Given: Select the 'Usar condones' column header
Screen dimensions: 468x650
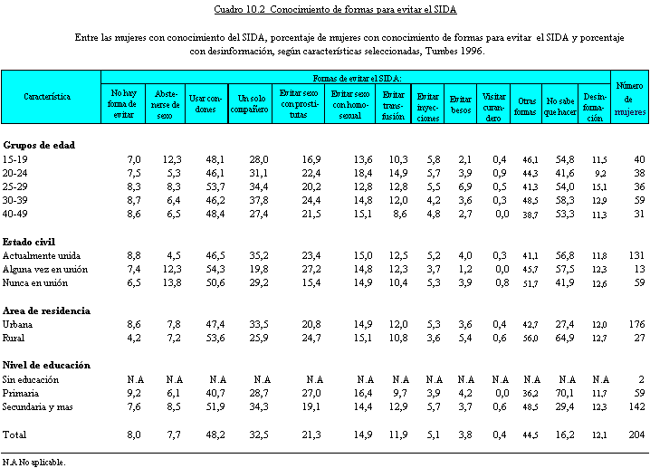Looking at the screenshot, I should [x=206, y=102].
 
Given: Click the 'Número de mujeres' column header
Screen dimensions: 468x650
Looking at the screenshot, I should [x=629, y=99].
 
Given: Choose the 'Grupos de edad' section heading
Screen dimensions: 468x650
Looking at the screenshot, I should [x=39, y=145].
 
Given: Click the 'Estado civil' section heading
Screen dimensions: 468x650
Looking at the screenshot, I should [x=31, y=241].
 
